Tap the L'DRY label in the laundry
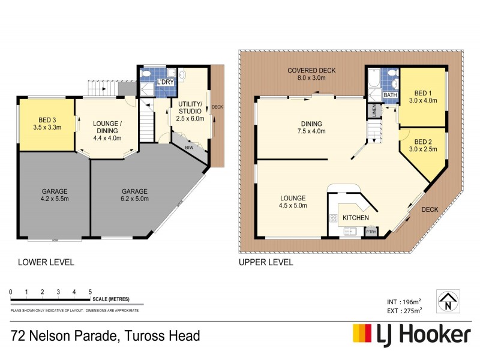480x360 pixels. click(x=165, y=82)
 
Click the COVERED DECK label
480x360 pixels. click(x=311, y=70)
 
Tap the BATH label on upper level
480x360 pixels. click(x=391, y=95)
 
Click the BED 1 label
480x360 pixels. click(x=423, y=93)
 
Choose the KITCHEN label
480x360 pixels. click(x=356, y=218)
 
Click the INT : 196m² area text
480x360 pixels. click(x=404, y=301)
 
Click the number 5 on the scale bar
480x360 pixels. click(x=90, y=292)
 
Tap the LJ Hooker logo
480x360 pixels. click(x=411, y=334)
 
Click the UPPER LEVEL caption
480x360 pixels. click(x=266, y=262)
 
